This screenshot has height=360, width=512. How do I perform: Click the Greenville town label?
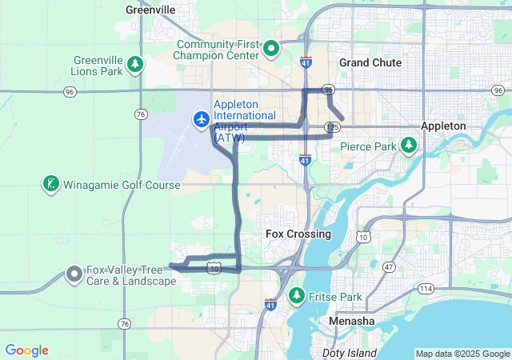point(151,10)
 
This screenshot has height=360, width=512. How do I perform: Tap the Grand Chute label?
point(370,62)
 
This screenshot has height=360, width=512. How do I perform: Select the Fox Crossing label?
point(298,234)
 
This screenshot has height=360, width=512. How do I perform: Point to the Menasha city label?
point(351,321)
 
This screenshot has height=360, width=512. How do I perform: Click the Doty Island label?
point(349,353)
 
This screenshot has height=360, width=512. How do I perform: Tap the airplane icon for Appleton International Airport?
point(201,119)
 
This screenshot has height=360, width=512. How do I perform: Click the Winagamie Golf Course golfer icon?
point(50,185)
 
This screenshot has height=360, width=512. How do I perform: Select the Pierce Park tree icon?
point(409,146)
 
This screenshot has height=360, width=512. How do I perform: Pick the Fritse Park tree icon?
point(297,296)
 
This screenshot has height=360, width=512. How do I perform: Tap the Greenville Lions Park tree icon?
point(135,64)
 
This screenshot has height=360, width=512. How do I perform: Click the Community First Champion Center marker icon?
point(271,49)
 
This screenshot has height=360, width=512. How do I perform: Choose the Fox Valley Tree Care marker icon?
point(74,274)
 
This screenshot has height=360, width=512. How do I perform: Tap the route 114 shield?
point(426,288)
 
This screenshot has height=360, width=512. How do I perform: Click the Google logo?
point(26,350)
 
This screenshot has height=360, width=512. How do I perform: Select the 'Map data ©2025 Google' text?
point(462,354)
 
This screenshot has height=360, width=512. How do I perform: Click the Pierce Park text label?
point(368,146)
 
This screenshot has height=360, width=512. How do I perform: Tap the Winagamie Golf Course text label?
point(122,186)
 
